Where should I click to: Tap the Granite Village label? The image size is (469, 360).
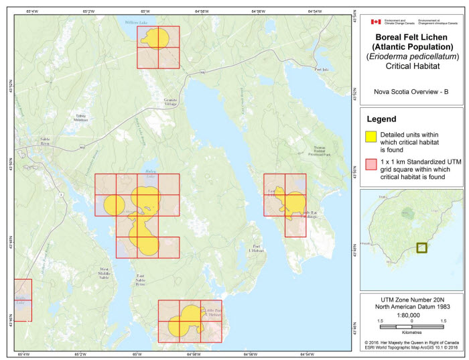pyautogui.click(x=174, y=101)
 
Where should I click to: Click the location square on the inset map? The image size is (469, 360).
pyautogui.click(x=421, y=247)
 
